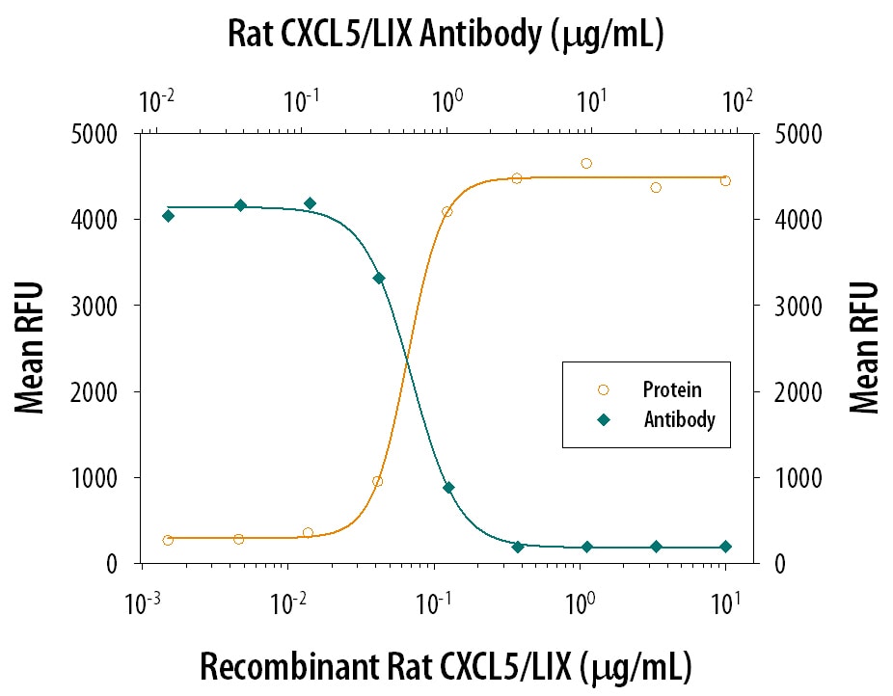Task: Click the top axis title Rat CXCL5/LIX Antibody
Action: pyautogui.click(x=446, y=35)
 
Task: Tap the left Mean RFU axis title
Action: pyautogui.click(x=31, y=348)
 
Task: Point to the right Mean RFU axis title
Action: pyautogui.click(x=864, y=348)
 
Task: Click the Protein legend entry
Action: pyautogui.click(x=671, y=390)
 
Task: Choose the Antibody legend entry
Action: pyautogui.click(x=679, y=419)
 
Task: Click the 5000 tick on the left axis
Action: pyautogui.click(x=96, y=134)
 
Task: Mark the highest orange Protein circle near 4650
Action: pyautogui.click(x=586, y=163)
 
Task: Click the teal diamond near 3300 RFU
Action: pyautogui.click(x=379, y=278)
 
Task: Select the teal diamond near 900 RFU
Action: pyautogui.click(x=448, y=488)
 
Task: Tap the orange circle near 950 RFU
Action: pyautogui.click(x=377, y=481)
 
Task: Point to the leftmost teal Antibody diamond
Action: pyautogui.click(x=168, y=216)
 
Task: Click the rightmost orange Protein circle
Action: pyautogui.click(x=725, y=180)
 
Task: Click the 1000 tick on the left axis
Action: pyautogui.click(x=96, y=478)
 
